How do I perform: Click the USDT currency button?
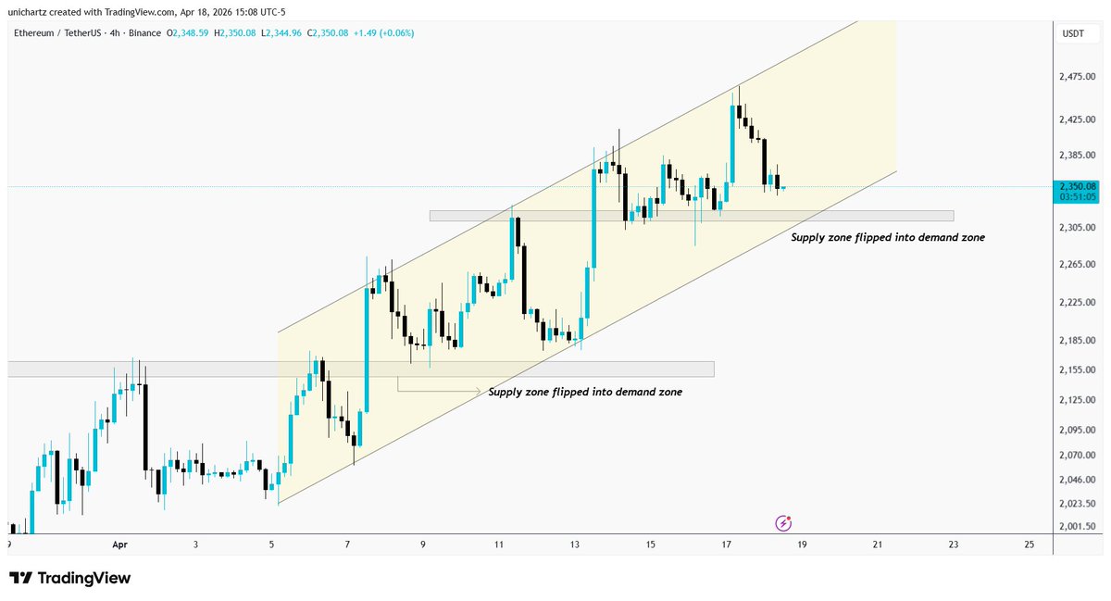(x=1072, y=33)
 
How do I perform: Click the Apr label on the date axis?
(x=119, y=545)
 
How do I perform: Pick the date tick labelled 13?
(x=575, y=545)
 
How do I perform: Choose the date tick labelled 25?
(x=1030, y=545)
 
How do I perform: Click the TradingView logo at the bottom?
(x=70, y=578)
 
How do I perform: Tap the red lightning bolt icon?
(x=783, y=523)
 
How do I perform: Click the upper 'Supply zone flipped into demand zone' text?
(x=887, y=237)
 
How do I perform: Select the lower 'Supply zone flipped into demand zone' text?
(x=585, y=393)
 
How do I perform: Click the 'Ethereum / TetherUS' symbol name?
(x=62, y=33)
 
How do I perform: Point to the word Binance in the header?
(x=144, y=33)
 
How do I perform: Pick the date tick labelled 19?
(x=802, y=545)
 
